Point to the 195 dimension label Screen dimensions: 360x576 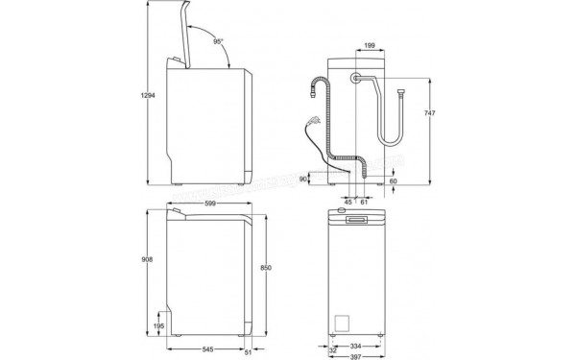[x=158, y=326]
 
